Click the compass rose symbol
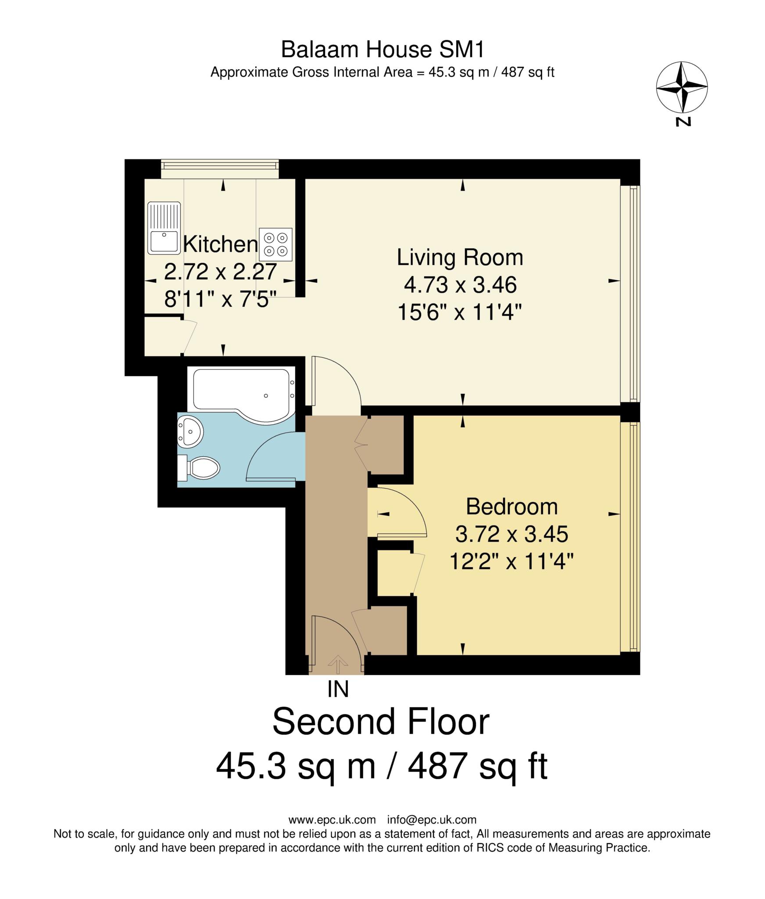tap(681, 87)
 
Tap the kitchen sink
tap(164, 228)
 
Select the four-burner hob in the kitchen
tap(275, 245)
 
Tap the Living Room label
tap(460, 257)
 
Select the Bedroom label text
tap(511, 507)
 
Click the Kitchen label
tap(220, 244)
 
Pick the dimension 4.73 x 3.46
tap(460, 285)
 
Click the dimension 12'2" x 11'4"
tap(511, 561)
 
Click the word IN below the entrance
tap(338, 689)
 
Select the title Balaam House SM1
tap(382, 49)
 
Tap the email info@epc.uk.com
tap(432, 820)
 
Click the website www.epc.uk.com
tap(332, 820)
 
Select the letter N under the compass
tap(683, 122)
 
